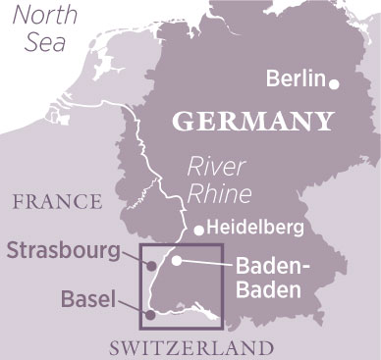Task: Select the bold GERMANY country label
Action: coord(251,122)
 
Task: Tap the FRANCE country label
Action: coord(56,202)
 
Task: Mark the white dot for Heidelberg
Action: coord(199,231)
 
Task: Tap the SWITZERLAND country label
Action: coord(190,347)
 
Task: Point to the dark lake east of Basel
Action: coord(207,312)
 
